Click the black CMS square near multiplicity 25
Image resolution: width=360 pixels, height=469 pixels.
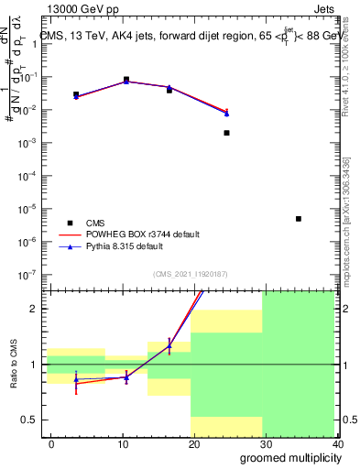click(226, 133)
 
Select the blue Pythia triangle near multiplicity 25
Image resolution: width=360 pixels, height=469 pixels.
click(226, 114)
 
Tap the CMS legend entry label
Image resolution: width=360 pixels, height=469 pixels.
click(95, 223)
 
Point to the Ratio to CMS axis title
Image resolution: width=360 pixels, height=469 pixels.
click(14, 365)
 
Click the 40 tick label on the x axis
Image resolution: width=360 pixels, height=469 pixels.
click(339, 443)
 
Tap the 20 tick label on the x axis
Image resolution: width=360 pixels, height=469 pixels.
click(195, 443)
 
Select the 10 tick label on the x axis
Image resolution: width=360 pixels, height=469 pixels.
click(123, 443)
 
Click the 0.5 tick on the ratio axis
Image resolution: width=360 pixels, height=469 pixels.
click(29, 420)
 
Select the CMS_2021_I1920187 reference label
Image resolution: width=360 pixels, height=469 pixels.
click(189, 274)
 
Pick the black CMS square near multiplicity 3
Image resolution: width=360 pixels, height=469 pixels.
click(76, 94)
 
